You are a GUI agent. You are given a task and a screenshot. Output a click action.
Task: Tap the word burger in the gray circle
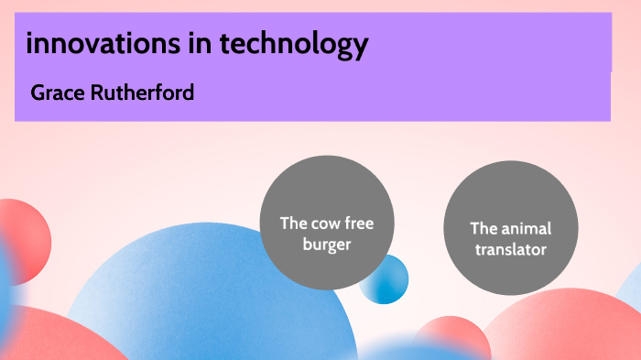click(x=327, y=245)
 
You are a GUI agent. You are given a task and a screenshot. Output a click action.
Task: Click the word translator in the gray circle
click(x=511, y=248)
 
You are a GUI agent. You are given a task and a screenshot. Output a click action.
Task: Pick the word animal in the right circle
click(x=525, y=228)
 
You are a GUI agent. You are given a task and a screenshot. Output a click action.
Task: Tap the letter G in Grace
click(x=38, y=93)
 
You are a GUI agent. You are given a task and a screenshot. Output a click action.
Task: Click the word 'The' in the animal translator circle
click(x=483, y=228)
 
